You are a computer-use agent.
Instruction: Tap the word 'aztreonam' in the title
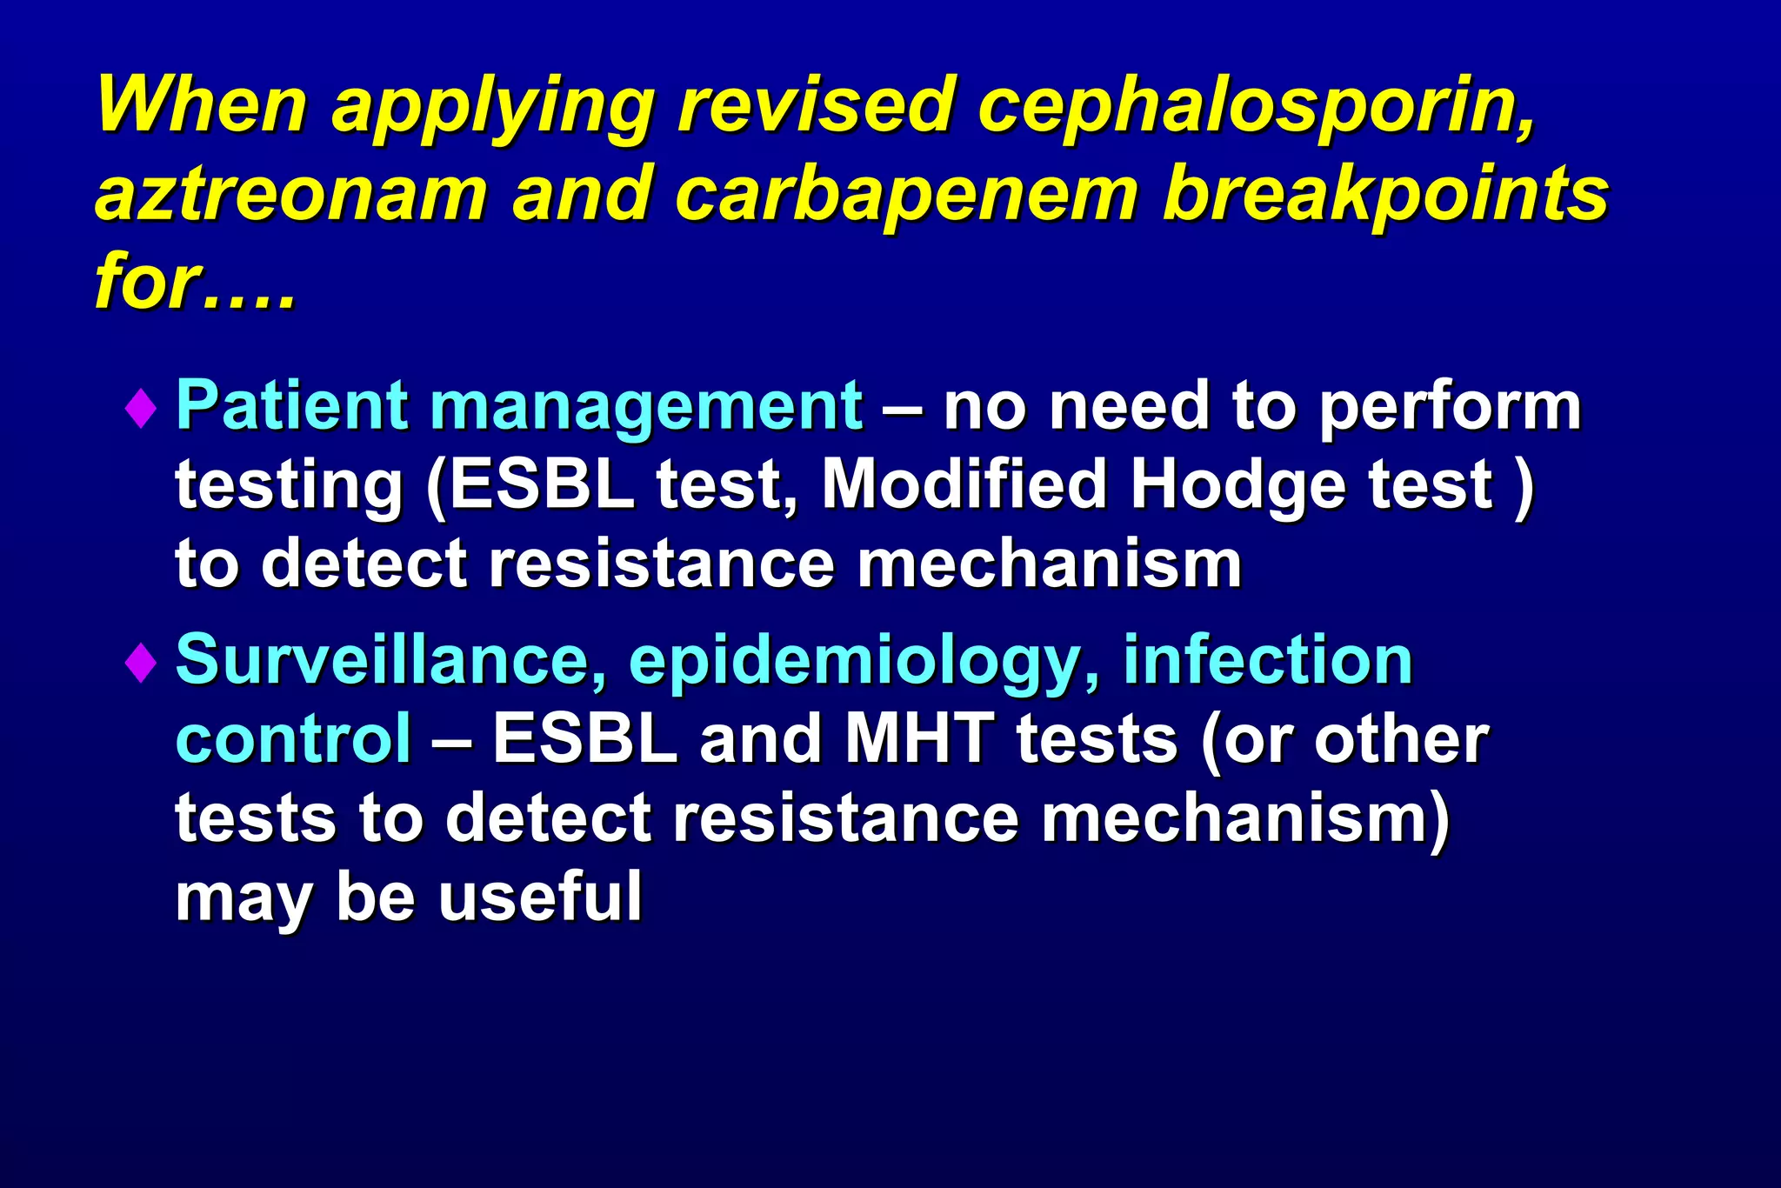(290, 193)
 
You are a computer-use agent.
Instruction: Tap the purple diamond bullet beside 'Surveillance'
(140, 663)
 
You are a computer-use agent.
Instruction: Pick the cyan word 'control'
(293, 739)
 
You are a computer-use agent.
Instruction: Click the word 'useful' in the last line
(540, 897)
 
